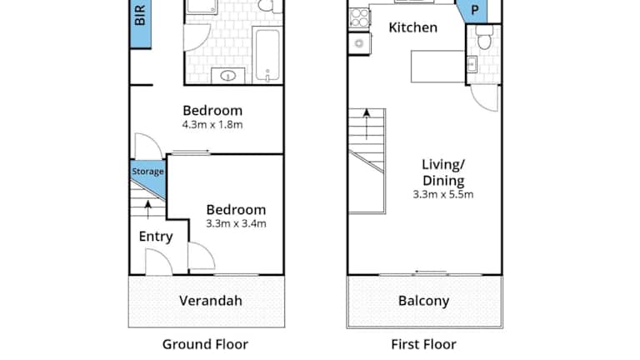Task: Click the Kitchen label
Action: pyautogui.click(x=412, y=27)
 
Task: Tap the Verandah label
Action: pyautogui.click(x=211, y=301)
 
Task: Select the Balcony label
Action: pyautogui.click(x=423, y=301)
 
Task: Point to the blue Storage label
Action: pyautogui.click(x=147, y=172)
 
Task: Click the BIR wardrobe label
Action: pyautogui.click(x=140, y=16)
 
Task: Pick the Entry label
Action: pyautogui.click(x=156, y=237)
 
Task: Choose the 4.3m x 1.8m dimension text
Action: pyautogui.click(x=212, y=124)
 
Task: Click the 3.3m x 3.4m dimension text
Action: pyautogui.click(x=236, y=223)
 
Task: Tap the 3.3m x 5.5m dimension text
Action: pyautogui.click(x=442, y=194)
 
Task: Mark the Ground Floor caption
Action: pyautogui.click(x=205, y=344)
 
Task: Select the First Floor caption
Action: pyautogui.click(x=423, y=344)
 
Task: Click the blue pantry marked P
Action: pyautogui.click(x=473, y=11)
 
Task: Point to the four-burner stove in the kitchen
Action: pyautogui.click(x=360, y=18)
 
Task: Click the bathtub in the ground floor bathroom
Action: pyautogui.click(x=267, y=55)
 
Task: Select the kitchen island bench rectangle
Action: pyautogui.click(x=438, y=67)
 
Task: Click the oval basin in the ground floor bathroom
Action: pyautogui.click(x=227, y=76)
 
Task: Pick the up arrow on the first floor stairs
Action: pyautogui.click(x=367, y=124)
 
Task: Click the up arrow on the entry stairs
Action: pyautogui.click(x=147, y=210)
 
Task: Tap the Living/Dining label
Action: pyautogui.click(x=442, y=172)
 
